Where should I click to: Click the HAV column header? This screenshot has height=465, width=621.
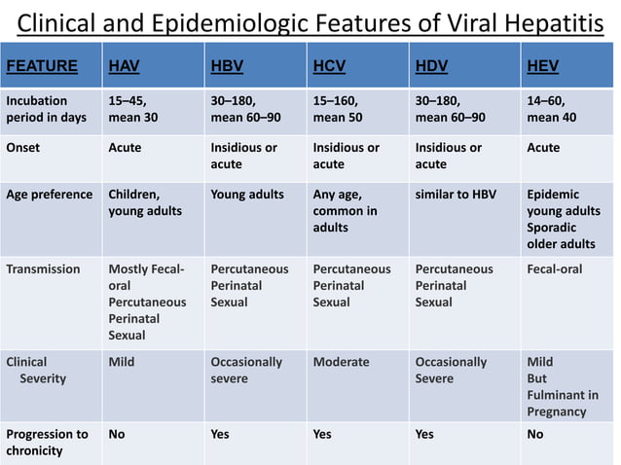[x=124, y=66]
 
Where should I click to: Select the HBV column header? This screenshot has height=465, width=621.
[x=227, y=66]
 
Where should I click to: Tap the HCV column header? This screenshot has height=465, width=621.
[x=329, y=66]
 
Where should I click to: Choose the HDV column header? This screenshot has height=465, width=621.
[x=431, y=66]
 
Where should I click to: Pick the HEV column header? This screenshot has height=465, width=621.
[x=542, y=66]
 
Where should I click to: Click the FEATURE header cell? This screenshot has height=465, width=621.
[x=42, y=66]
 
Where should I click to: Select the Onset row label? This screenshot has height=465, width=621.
[x=23, y=148]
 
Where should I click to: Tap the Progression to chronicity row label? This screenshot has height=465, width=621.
[x=47, y=443]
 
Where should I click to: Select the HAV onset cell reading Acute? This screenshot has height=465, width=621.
[x=125, y=148]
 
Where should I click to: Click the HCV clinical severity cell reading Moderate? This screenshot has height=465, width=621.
[x=341, y=362]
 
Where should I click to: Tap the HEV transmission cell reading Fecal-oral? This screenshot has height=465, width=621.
[x=554, y=269]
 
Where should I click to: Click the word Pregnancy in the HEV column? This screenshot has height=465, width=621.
[x=557, y=411]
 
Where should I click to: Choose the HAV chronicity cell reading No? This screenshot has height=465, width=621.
[x=117, y=434]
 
